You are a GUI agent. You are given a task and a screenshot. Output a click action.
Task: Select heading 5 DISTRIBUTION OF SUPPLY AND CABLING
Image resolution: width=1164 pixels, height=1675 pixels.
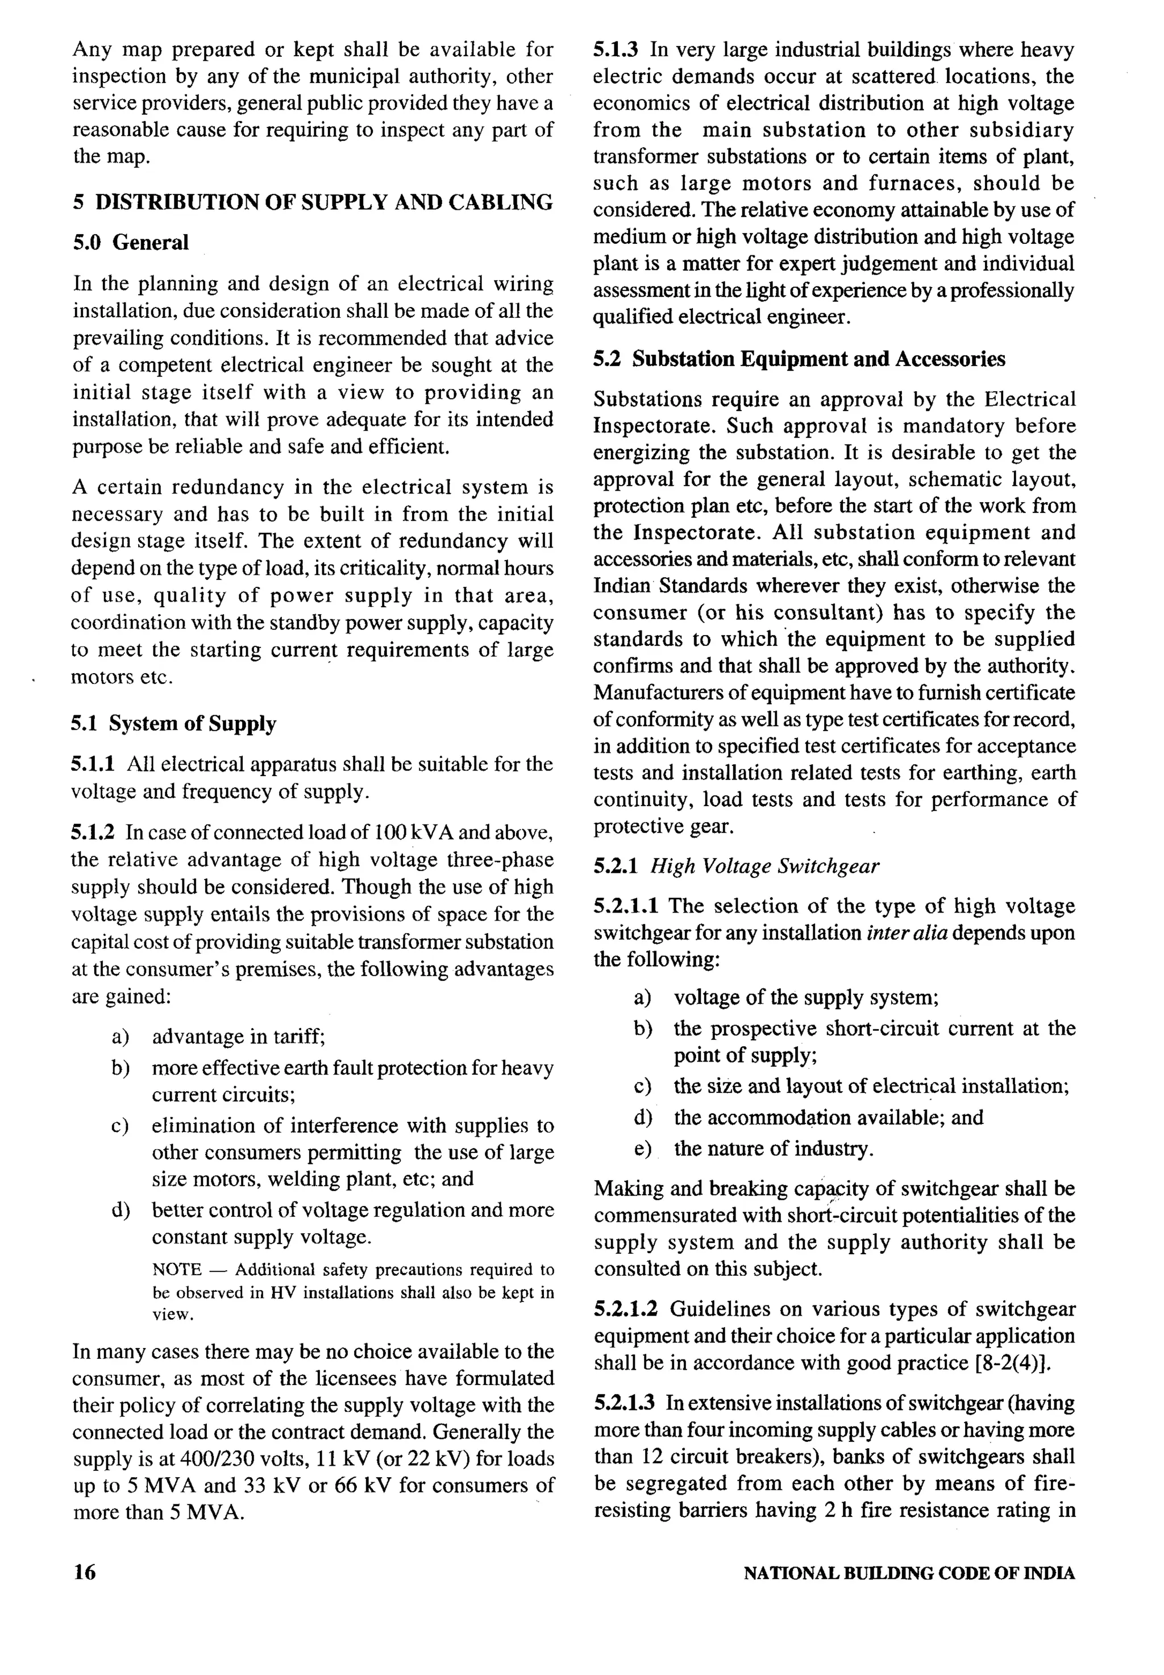click(x=313, y=202)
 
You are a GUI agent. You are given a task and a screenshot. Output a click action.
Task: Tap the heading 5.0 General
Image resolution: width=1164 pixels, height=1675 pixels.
click(x=131, y=242)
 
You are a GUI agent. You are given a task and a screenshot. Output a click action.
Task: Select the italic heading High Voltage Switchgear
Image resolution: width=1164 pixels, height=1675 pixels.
click(x=764, y=866)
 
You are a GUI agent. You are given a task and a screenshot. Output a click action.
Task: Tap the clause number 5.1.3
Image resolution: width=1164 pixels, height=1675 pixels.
click(x=616, y=51)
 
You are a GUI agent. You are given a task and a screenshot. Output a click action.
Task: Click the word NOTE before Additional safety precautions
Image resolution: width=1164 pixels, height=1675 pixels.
click(x=177, y=1270)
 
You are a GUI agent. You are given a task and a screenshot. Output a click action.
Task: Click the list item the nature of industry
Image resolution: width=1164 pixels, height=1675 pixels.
click(x=773, y=1149)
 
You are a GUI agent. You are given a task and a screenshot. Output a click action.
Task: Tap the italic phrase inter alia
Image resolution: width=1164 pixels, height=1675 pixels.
click(x=907, y=933)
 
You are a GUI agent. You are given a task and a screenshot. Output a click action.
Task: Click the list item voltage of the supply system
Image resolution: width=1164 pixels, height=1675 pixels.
click(x=806, y=997)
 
